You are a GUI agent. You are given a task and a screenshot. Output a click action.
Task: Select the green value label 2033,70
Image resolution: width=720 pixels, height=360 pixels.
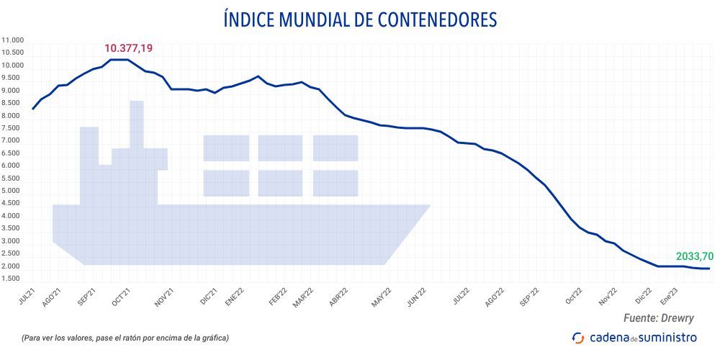(694, 256)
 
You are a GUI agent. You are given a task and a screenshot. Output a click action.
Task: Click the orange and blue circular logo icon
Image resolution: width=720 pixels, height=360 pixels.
(577, 337)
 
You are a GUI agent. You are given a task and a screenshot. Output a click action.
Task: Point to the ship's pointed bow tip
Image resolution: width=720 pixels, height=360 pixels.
(429, 206)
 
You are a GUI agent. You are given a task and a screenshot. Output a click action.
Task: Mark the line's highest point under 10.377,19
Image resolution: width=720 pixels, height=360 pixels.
(119, 60)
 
